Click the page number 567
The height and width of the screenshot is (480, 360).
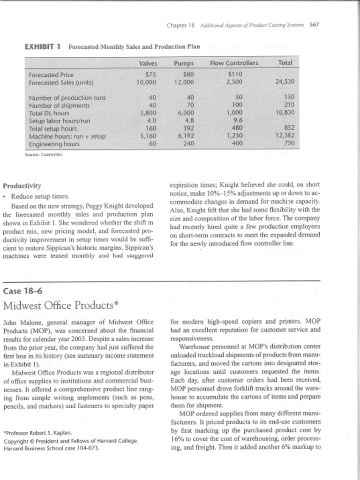click(315, 25)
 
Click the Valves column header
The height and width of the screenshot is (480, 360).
click(148, 63)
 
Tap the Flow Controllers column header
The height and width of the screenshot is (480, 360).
click(234, 63)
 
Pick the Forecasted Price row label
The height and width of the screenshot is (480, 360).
click(50, 75)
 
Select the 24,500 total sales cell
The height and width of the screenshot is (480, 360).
click(285, 82)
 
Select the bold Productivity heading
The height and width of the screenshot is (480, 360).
click(22, 186)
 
